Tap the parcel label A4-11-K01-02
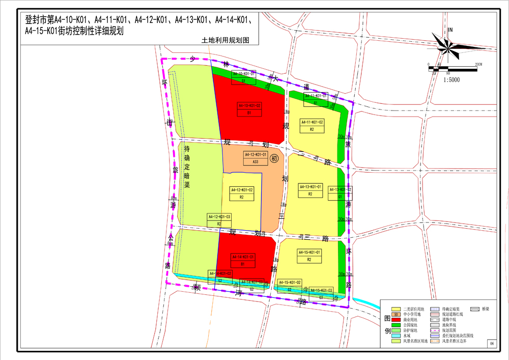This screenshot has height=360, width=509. click(312, 122)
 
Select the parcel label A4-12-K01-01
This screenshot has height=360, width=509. click(255, 154)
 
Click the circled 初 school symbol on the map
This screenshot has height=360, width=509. click(275, 158)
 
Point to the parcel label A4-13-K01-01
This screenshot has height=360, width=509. click(310, 187)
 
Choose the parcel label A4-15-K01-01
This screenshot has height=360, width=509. click(309, 252)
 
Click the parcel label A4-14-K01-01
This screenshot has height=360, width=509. click(243, 257)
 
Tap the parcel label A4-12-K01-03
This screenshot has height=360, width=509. click(219, 217)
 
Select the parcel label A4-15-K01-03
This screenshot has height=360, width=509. click(321, 290)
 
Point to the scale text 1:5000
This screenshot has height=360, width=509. click(451, 80)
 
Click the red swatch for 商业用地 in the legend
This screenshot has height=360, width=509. click(397, 319)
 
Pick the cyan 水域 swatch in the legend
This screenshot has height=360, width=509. click(397, 336)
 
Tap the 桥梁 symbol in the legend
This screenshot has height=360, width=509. click(474, 309)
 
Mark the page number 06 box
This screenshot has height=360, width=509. click(492, 344)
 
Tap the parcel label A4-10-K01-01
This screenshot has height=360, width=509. click(244, 74)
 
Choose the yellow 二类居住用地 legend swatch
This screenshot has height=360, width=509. click(397, 309)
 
